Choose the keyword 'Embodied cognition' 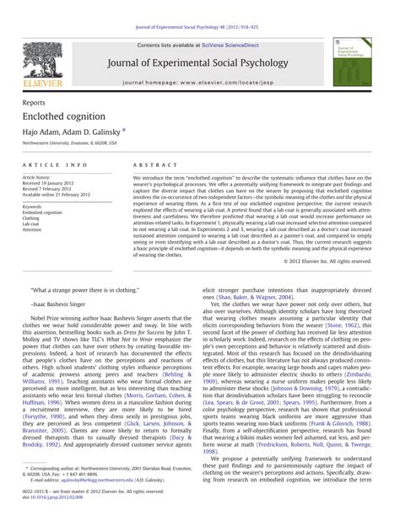(43, 212)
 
